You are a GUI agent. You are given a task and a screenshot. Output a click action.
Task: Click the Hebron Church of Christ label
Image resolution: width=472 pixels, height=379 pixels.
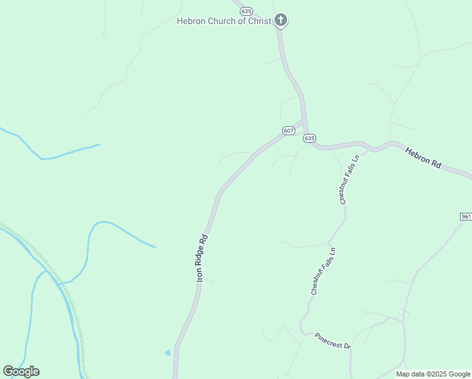click(224, 21)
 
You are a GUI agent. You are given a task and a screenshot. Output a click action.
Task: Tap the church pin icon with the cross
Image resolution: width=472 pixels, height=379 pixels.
click(281, 20)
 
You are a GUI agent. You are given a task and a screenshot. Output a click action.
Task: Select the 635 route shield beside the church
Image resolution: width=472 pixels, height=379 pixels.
click(246, 11)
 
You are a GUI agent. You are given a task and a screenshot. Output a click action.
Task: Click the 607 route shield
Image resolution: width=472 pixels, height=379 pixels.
click(288, 131)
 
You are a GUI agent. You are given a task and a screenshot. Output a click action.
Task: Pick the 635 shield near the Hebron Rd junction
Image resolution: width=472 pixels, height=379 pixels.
click(309, 138)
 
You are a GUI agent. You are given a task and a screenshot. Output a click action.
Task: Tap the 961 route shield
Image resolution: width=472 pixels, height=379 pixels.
click(466, 217)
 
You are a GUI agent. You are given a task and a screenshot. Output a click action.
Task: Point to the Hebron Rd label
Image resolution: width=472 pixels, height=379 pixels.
click(423, 157)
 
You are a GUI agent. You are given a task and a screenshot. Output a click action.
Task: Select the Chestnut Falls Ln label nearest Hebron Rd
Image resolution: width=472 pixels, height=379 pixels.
click(349, 179)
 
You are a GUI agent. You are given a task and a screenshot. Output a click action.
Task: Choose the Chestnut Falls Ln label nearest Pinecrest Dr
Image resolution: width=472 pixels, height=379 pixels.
click(323, 272)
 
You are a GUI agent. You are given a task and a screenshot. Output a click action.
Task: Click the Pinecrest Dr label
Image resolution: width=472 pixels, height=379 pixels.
click(333, 341)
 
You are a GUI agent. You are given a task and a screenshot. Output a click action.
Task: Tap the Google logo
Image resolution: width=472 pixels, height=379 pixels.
click(21, 371)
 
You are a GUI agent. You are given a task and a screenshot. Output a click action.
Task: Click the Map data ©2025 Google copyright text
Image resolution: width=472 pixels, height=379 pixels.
click(434, 374)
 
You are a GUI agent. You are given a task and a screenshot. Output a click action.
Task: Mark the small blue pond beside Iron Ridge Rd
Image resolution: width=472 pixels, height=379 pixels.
click(167, 352)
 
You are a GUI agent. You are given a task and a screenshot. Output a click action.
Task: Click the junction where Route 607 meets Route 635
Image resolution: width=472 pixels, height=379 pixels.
click(305, 121)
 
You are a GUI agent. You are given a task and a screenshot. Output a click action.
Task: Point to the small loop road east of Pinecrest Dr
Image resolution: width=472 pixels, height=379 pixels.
click(403, 313)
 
